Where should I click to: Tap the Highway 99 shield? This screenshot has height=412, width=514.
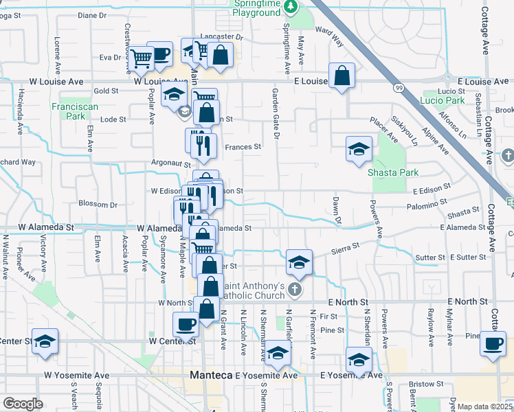(399, 87)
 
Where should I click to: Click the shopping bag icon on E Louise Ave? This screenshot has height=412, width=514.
(342, 76)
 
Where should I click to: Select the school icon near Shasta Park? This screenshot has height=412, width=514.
(358, 150)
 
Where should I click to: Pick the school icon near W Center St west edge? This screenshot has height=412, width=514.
(45, 341)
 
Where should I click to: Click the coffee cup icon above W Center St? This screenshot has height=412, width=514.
(186, 324)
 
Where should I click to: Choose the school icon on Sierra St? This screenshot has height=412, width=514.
(299, 262)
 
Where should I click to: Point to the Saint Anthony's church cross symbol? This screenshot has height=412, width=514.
(295, 289)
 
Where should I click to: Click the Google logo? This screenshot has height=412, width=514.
(22, 404)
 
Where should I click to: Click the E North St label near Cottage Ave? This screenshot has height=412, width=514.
(468, 301)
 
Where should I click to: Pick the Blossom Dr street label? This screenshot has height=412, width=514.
(98, 204)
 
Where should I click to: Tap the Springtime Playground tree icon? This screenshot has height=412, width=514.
(291, 6)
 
